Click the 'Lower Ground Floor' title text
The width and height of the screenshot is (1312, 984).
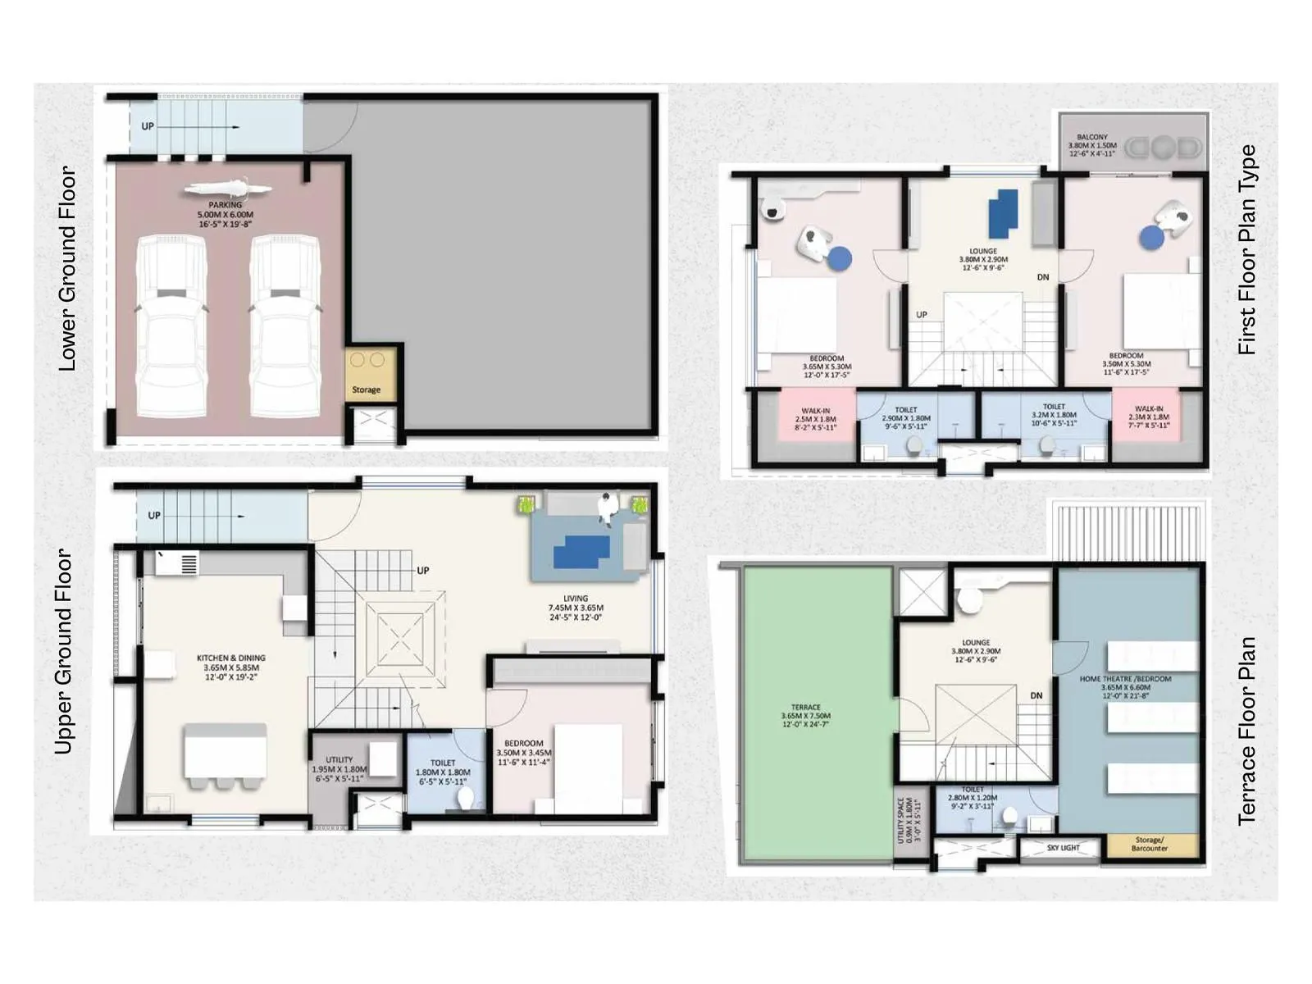tap(66, 269)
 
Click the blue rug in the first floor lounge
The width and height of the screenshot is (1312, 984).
tap(1003, 212)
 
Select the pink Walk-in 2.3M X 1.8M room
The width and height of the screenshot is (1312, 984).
tap(1148, 417)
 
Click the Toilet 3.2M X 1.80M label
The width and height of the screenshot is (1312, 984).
tap(1054, 415)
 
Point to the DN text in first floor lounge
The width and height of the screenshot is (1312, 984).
tap(1042, 277)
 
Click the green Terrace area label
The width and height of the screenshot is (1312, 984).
tap(805, 715)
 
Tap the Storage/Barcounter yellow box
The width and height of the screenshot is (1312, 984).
tap(1149, 844)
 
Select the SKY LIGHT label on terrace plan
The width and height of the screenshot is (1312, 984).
tap(1063, 848)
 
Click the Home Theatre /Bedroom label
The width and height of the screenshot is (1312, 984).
tap(1125, 687)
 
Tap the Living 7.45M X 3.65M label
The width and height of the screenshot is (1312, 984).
tap(575, 608)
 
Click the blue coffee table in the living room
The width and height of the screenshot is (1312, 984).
tap(581, 552)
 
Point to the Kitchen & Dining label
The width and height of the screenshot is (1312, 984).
tap(230, 667)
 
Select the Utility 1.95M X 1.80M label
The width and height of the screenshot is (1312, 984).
tap(339, 769)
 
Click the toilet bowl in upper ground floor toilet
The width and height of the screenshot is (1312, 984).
tap(465, 798)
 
